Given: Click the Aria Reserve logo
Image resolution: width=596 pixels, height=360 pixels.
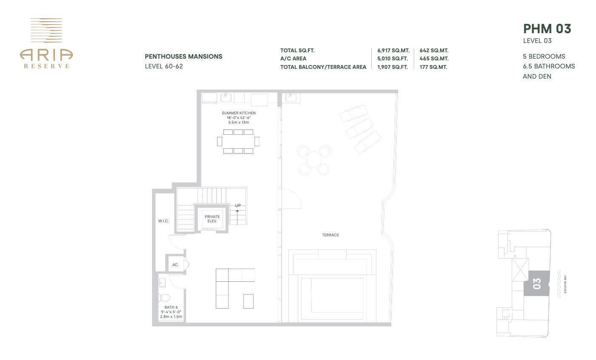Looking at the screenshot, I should pos(46,43).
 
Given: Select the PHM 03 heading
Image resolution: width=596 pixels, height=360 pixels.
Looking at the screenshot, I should pos(547,28).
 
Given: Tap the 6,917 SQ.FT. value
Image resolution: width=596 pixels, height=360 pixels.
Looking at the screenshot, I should pos(393,51).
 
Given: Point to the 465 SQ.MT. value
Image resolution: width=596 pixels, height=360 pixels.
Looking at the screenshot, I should pos(434,59).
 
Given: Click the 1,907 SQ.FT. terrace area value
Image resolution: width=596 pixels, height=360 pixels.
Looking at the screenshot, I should pos(392,67).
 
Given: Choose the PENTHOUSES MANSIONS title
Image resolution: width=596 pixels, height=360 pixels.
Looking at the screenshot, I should pos(183,57).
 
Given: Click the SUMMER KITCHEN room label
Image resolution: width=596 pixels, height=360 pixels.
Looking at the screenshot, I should pos(238,113).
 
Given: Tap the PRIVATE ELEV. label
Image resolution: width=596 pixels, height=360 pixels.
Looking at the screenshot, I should pos(212,219).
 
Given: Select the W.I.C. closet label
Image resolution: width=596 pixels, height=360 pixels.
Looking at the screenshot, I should pos(163,221).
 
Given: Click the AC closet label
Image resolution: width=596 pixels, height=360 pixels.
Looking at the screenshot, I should pos(175,265).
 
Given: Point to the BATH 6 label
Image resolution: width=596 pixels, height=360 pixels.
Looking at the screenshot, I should pos(171,307).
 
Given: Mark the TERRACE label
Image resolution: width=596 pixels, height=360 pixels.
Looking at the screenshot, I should pos(330,235).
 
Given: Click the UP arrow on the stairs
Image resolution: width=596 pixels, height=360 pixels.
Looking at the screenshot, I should pos(237,211).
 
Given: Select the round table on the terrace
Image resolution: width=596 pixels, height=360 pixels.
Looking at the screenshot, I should pos(314,160).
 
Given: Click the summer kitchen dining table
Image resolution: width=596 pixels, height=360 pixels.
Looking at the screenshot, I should pos(238,141).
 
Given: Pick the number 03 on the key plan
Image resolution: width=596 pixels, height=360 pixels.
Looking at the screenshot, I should pos(536,283).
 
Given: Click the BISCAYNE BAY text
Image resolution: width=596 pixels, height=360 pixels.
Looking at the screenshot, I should pos(565,284).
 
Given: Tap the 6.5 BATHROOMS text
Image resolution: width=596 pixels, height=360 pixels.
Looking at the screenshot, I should pos(548,66).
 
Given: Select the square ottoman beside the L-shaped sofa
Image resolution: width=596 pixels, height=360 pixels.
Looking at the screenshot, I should pos(248,301).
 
